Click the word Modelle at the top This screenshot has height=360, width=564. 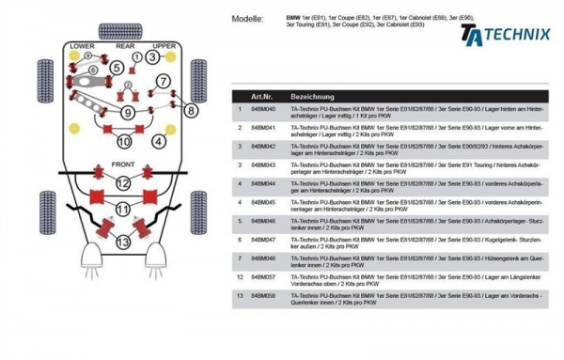pos(245,18)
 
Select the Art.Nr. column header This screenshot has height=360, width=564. pos(261,97)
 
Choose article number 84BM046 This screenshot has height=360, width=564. pos(263,222)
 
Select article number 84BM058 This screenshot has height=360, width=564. pos(263,296)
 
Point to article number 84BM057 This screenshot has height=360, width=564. pos(263,277)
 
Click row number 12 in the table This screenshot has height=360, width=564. pos(240,277)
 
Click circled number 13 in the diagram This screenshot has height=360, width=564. pos(123,242)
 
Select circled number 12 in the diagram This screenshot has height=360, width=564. pos(123,227)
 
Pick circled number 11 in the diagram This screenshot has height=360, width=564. pos(123,207)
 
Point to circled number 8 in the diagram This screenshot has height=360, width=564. pos(192,110)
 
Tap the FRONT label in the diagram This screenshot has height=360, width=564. pos(124,164)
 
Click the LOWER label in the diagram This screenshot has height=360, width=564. pos(81,45)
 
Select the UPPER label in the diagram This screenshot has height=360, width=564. pos(164,45)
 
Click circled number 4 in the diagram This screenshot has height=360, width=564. pos(160,141)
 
